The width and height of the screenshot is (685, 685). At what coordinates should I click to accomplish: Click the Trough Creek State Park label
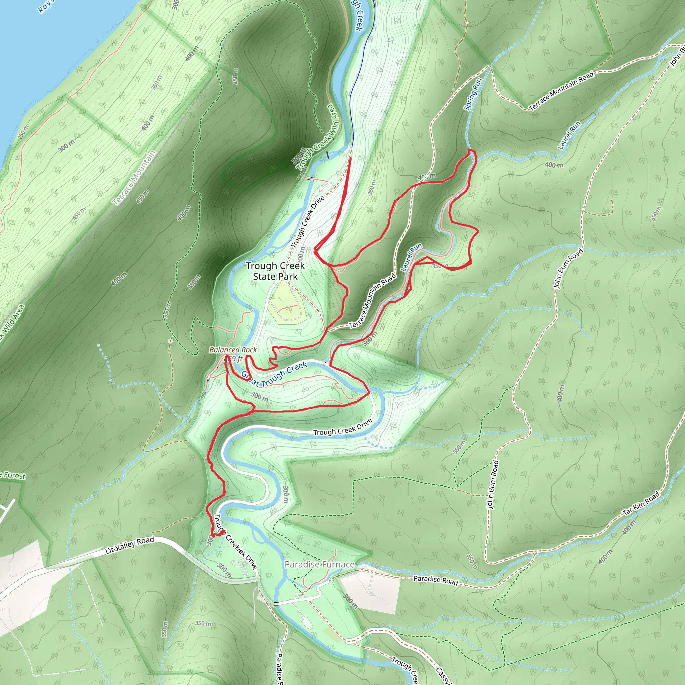275,271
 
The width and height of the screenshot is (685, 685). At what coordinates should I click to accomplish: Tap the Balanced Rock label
233,350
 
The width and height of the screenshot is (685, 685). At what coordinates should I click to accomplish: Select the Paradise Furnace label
319,565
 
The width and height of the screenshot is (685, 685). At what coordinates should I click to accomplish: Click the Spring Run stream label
473,94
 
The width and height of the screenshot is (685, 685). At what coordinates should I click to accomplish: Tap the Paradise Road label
436,580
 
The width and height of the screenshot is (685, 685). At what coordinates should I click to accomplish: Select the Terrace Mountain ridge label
134,178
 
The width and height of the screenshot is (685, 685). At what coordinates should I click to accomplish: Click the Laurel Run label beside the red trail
411,257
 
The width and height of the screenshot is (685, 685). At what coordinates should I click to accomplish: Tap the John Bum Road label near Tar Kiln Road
492,485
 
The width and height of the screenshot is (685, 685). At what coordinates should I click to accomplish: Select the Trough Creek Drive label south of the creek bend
342,427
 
